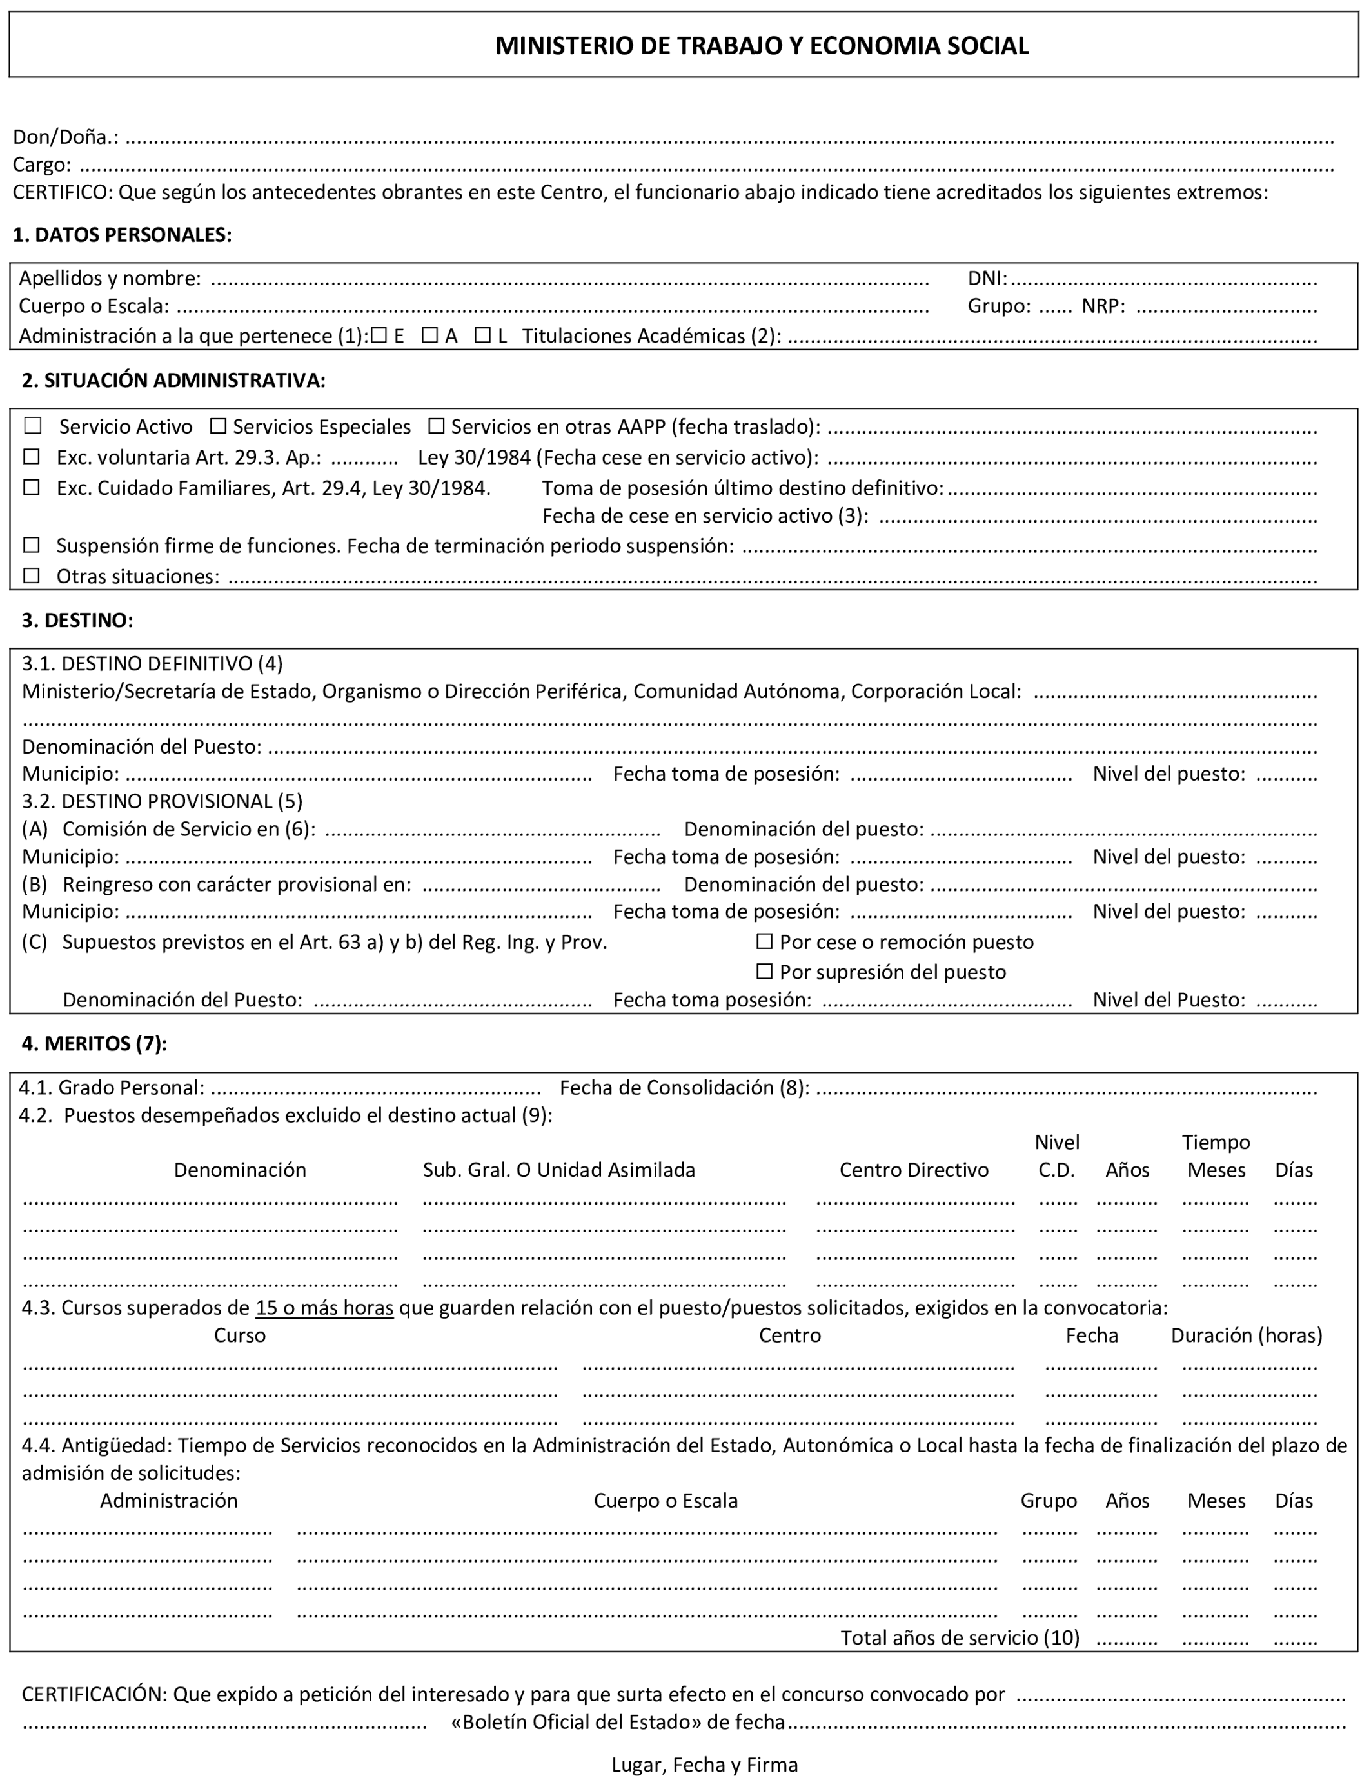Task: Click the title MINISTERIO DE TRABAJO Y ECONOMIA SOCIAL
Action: [762, 46]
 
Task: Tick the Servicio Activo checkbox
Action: [33, 425]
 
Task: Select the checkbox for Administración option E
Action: [379, 335]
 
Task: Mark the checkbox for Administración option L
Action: [483, 335]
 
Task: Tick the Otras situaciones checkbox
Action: [32, 575]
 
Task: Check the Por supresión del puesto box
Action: [764, 971]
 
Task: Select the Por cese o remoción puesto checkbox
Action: [764, 941]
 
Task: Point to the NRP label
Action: [1103, 306]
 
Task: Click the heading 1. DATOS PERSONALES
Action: [122, 235]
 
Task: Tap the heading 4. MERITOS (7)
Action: [94, 1043]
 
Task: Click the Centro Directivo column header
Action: [914, 1170]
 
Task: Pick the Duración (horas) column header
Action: [1247, 1335]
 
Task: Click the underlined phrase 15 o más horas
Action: [324, 1307]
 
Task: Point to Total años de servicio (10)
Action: [960, 1637]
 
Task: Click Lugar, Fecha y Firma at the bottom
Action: [705, 1765]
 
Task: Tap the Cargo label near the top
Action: [41, 165]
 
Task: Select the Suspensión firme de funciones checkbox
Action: [32, 545]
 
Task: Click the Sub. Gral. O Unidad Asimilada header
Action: [559, 1170]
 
